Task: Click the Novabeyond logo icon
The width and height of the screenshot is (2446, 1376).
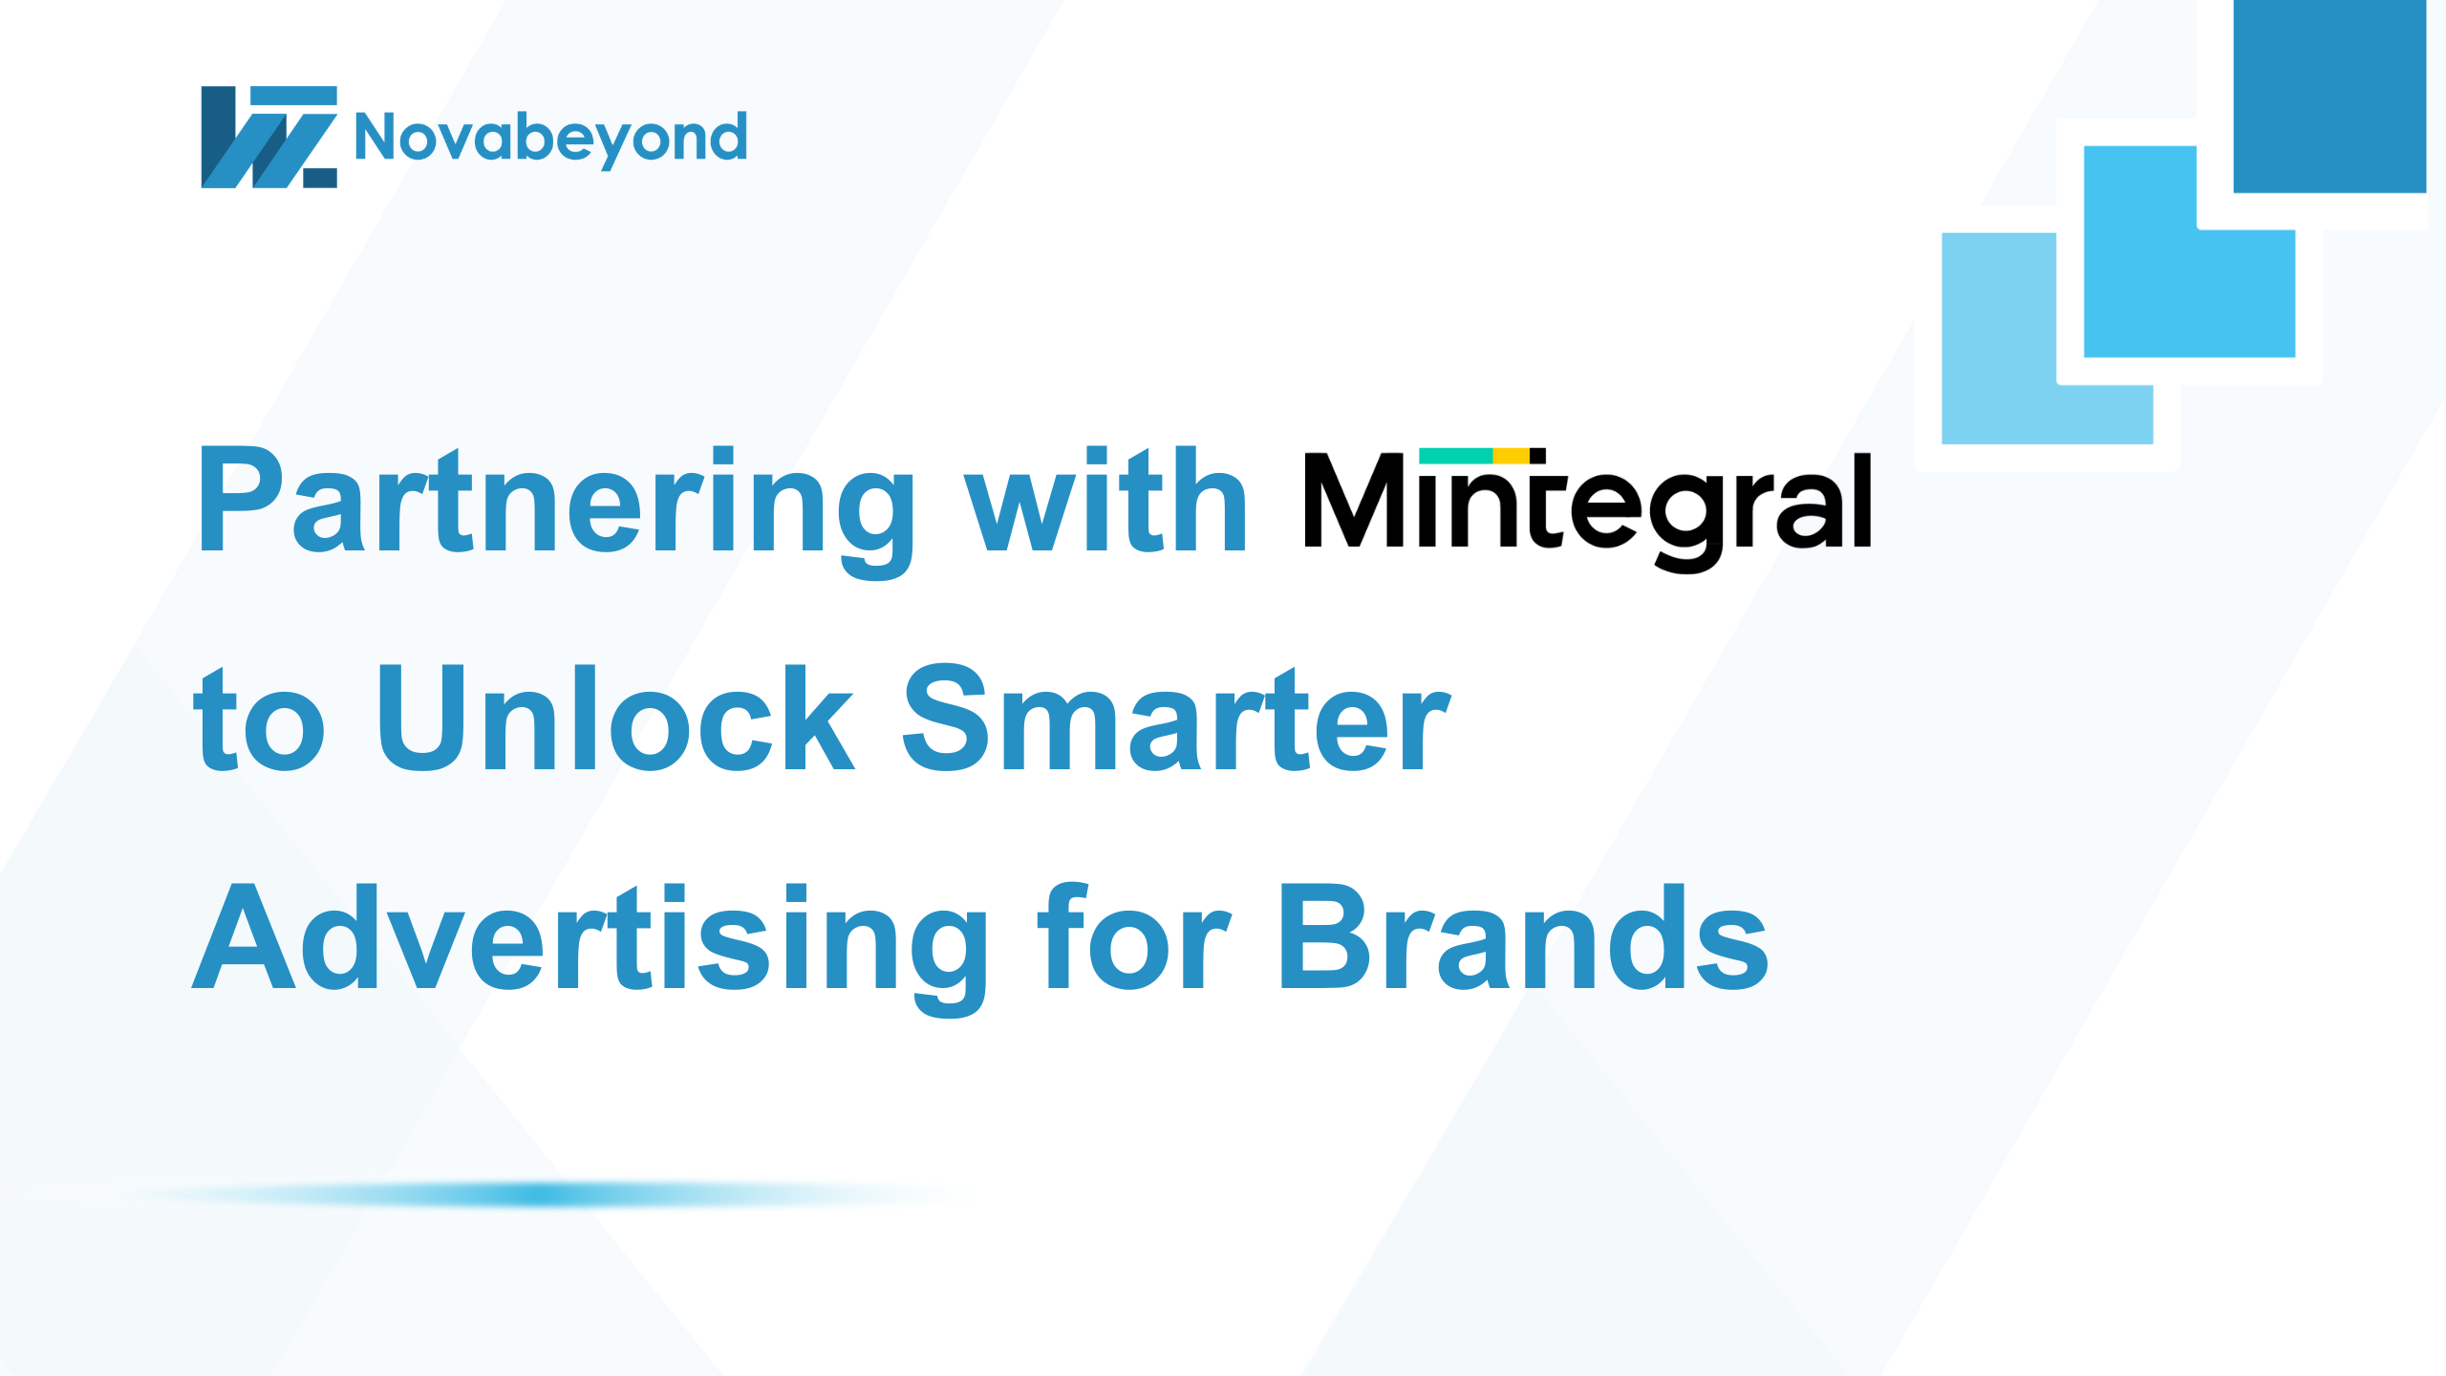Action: point(268,137)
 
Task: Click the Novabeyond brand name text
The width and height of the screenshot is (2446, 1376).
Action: point(550,140)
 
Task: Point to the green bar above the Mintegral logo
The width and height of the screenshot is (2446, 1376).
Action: point(1456,456)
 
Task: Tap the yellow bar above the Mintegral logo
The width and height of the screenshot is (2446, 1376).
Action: point(1512,456)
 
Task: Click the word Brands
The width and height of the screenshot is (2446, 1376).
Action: point(1523,935)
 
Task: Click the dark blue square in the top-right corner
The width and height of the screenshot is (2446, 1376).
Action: point(2329,96)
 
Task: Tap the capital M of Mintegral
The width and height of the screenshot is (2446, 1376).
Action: point(1354,500)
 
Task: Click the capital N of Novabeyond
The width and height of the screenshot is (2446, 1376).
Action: point(375,137)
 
